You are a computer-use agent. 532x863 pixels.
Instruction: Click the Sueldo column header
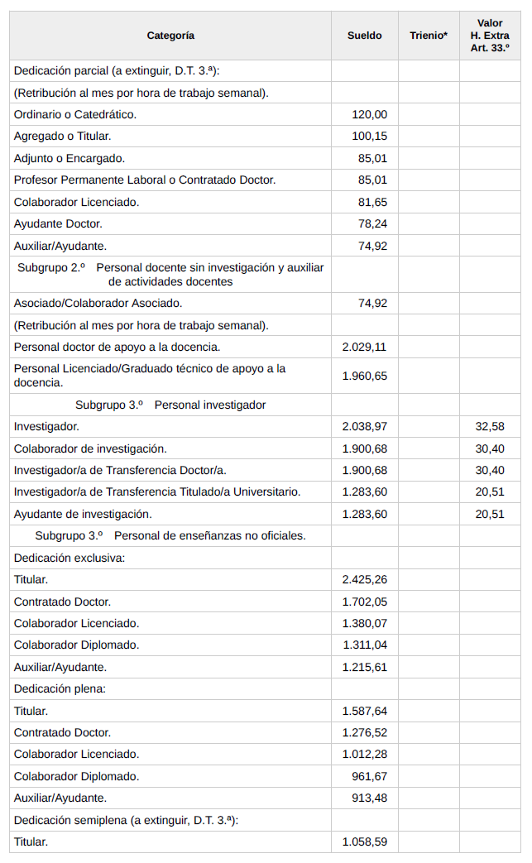coord(364,36)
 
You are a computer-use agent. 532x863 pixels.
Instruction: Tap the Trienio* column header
coord(428,36)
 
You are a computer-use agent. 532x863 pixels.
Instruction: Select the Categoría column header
coord(170,36)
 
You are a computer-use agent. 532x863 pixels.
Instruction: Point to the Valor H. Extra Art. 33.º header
coord(490,36)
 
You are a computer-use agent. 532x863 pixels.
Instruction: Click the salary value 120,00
coord(369,114)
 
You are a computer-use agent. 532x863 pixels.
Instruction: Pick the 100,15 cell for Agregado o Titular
coord(369,136)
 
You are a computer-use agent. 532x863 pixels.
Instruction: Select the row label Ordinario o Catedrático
coord(75,114)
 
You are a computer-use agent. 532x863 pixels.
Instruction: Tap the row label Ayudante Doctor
coord(58,223)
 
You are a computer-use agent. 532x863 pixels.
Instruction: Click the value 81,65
coord(372,202)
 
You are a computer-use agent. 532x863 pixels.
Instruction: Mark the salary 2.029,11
coord(364,347)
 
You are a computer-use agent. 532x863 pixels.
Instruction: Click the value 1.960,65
coord(364,376)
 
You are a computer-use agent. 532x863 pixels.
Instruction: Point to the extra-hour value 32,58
coord(490,426)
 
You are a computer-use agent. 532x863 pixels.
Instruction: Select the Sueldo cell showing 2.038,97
coord(364,426)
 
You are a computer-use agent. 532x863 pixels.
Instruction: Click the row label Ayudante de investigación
coord(83,514)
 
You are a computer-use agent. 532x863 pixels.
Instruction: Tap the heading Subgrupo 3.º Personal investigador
coord(170,405)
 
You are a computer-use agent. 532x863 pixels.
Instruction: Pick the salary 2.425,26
coord(364,579)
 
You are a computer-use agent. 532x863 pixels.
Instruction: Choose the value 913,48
coord(369,798)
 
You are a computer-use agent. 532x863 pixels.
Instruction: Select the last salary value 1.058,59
coord(364,842)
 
